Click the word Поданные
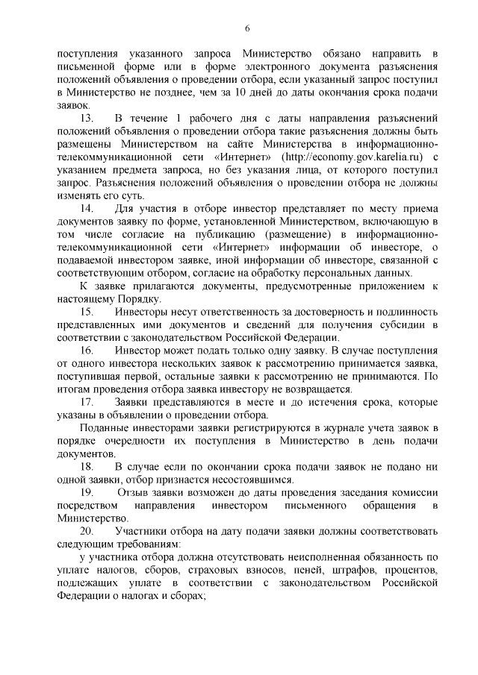[102, 427]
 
